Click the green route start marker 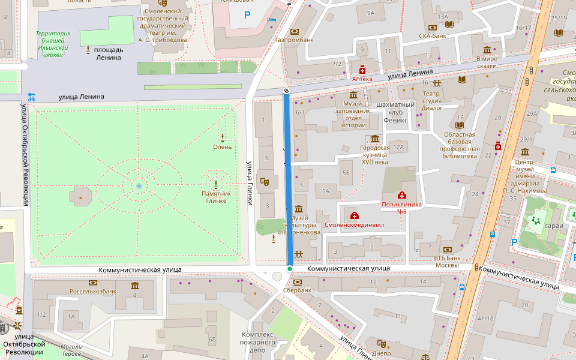point(290,269)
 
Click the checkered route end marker point(286,91)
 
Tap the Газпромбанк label point(294,40)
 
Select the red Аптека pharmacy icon point(362,70)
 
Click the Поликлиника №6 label point(401,208)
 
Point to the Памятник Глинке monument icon point(216,183)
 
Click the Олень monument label point(222,147)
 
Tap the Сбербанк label point(298,290)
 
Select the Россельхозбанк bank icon point(92,283)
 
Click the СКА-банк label point(432,36)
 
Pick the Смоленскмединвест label point(354,225)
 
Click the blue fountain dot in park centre point(139,187)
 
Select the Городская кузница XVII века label point(375,155)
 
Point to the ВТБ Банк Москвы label point(446,262)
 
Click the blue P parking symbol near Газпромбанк point(247,14)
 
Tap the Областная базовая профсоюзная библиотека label point(460,145)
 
